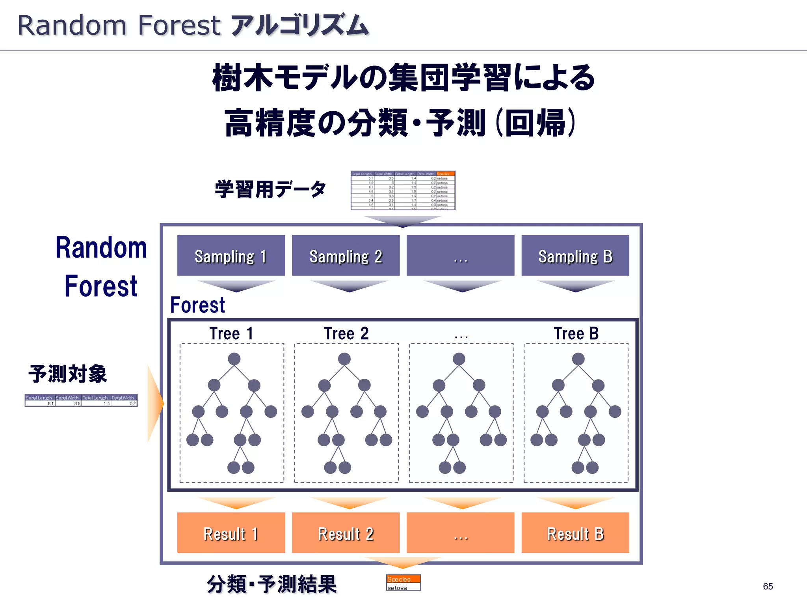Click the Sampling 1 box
point(231,256)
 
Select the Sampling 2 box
point(346,256)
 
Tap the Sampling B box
point(575,256)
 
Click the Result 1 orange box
point(231,533)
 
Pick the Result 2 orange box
point(346,533)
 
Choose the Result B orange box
point(575,533)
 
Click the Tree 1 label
point(231,334)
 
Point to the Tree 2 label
point(346,334)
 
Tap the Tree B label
point(576,334)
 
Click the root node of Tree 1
point(234,359)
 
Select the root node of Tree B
point(578,359)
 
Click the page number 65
point(768,586)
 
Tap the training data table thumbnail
point(403,191)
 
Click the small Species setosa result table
point(403,583)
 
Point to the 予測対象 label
point(68,374)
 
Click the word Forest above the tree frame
point(197,305)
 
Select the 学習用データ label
point(270,189)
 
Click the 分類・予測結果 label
point(272,584)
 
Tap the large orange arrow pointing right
point(155,403)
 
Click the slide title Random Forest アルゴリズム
point(193,25)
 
